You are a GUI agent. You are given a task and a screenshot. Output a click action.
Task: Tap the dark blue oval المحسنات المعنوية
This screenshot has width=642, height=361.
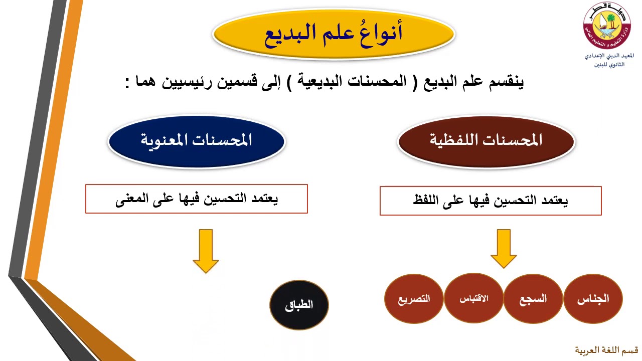tap(197, 140)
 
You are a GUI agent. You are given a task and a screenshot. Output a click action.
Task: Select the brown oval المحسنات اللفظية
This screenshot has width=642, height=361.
tap(486, 140)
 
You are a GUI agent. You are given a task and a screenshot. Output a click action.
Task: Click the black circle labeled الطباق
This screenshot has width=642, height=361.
tap(299, 305)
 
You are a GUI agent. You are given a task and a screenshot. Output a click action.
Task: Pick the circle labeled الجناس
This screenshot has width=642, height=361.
tap(593, 299)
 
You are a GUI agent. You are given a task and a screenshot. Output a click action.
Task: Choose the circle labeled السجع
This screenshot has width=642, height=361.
tap(533, 299)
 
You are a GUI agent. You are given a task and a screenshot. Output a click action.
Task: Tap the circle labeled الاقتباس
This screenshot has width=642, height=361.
tap(474, 299)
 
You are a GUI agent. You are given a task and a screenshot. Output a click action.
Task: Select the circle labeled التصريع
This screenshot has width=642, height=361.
tap(414, 299)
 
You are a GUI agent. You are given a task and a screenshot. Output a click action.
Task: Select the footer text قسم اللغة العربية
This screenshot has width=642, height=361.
tap(606, 349)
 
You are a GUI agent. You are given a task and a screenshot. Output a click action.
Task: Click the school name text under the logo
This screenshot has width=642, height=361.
tap(609, 60)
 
